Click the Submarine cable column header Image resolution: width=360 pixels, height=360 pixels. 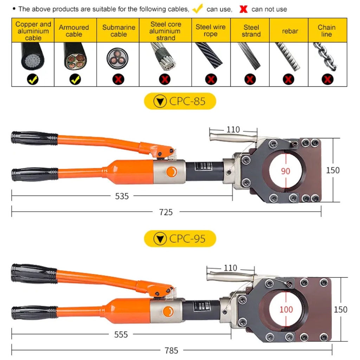pos(118,31)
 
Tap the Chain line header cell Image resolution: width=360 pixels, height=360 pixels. pos(327,31)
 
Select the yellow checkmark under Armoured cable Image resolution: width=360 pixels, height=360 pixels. pos(75,79)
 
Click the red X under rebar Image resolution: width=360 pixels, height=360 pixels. pos(288,79)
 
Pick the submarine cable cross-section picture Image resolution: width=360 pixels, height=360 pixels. pos(117,58)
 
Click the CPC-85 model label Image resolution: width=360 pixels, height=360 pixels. pos(180,102)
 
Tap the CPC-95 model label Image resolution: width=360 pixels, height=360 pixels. pos(180,239)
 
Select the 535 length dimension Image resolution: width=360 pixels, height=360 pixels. pos(122,196)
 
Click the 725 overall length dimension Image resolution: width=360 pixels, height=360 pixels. pos(166,212)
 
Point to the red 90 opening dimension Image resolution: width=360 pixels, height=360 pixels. pos(285,171)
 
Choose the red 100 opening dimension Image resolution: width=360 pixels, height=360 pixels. pos(286,310)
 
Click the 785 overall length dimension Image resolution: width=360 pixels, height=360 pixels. pos(171,351)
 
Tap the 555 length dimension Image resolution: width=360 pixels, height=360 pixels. pos(121,334)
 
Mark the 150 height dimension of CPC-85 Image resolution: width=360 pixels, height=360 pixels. pos(333,170)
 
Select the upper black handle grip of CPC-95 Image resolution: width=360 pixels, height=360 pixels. pos(33,273)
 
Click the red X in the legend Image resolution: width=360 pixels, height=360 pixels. pos(243,9)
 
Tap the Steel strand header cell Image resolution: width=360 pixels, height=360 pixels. pos(251,31)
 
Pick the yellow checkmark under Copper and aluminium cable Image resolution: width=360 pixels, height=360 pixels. pos(33,79)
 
